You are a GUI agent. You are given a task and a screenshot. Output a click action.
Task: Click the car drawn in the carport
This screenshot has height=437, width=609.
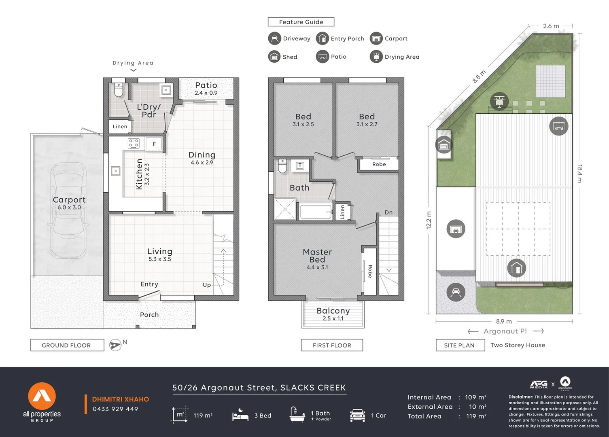point(68,210)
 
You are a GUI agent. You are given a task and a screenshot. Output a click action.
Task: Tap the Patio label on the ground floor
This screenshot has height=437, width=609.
point(206,85)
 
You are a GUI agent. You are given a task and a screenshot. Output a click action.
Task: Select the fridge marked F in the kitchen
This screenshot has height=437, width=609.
point(154,144)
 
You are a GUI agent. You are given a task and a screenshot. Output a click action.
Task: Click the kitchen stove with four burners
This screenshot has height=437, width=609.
point(134,143)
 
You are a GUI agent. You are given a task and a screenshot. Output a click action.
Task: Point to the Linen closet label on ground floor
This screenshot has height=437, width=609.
point(120,127)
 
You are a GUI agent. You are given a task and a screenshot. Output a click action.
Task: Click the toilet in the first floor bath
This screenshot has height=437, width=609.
point(282,166)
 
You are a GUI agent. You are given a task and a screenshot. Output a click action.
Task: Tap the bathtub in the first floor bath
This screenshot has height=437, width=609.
point(316,211)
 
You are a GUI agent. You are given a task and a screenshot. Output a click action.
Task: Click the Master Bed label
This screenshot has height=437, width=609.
point(317,256)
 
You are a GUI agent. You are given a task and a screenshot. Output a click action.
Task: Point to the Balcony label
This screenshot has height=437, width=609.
point(333,311)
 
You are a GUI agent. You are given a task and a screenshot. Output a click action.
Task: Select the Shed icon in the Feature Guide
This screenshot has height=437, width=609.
point(274,57)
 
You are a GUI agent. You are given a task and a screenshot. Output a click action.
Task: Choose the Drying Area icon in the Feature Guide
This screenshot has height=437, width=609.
point(376,57)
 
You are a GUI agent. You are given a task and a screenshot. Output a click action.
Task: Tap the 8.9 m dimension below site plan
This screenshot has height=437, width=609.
point(504,321)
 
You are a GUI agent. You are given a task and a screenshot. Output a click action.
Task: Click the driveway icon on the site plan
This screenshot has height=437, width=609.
point(456,292)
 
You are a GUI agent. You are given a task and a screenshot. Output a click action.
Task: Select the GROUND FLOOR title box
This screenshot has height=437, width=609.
point(67,345)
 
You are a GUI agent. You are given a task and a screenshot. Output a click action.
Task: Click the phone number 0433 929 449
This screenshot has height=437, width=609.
point(115,409)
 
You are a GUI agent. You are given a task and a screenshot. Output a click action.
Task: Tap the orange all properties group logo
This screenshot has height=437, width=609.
point(42,396)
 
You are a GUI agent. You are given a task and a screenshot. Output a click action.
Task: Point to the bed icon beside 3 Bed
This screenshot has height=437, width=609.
point(240,415)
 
